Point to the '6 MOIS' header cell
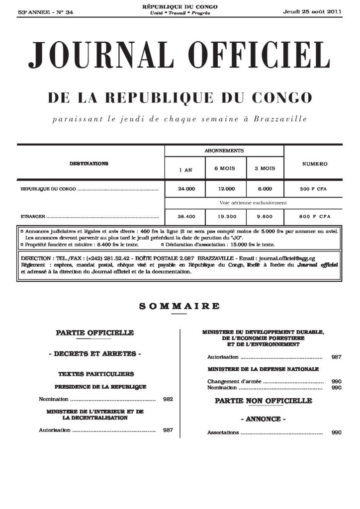point(224,169)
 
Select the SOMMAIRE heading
point(180,306)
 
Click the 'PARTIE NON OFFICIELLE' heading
point(263,401)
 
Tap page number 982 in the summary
point(168,399)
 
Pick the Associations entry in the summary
point(223,433)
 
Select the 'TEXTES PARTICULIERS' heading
point(96,373)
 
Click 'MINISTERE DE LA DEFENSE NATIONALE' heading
point(263,369)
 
